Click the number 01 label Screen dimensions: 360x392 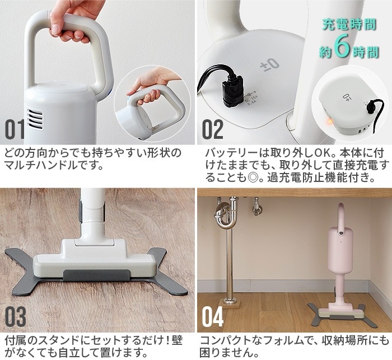(15, 129)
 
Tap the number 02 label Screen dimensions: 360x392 (212, 129)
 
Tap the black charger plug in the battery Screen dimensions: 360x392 (231, 88)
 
